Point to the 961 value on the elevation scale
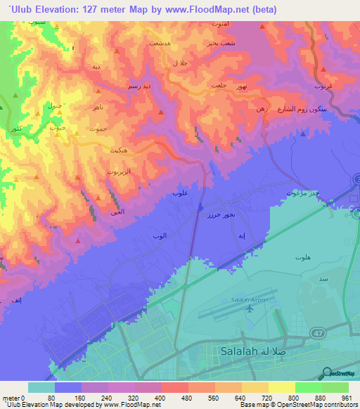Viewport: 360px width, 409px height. (346, 397)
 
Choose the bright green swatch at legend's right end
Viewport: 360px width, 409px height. (335, 387)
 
